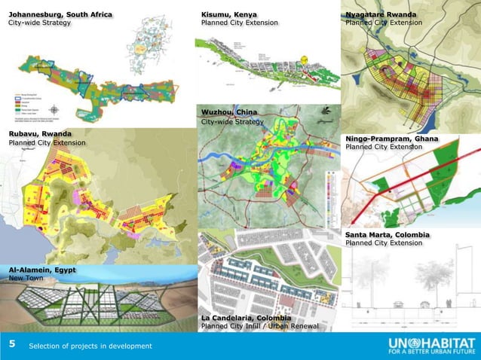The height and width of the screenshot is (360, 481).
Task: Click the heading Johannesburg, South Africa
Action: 60,14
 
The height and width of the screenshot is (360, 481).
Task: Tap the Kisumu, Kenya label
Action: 228,14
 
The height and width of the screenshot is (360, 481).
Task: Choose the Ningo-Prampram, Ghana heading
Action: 392,139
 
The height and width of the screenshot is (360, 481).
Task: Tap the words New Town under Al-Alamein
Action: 26,279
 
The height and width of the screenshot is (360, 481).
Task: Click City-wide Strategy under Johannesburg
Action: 39,23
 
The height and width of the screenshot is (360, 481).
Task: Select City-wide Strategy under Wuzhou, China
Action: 232,122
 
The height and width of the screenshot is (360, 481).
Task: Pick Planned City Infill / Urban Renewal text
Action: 259,327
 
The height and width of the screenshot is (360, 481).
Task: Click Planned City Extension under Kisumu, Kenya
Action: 239,23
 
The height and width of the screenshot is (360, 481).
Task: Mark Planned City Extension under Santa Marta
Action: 384,243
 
